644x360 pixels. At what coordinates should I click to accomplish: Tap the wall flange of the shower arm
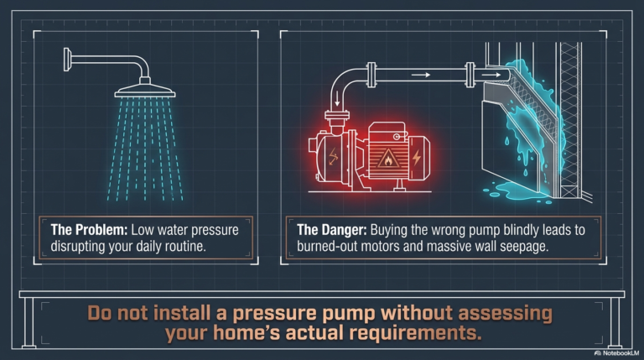[x=66, y=60]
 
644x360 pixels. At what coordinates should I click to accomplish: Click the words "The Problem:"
[x=89, y=230]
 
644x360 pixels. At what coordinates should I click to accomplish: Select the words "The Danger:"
[x=332, y=230]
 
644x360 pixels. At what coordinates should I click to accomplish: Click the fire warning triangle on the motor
[x=387, y=159]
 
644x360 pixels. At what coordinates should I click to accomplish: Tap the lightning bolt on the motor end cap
[x=417, y=158]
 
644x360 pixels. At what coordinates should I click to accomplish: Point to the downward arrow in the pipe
[x=337, y=98]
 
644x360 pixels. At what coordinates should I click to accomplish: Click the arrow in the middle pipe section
[x=421, y=75]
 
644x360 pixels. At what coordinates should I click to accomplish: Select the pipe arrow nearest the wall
[x=491, y=75]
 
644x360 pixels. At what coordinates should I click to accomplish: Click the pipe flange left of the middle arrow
[x=371, y=75]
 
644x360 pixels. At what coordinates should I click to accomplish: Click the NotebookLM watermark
[x=616, y=353]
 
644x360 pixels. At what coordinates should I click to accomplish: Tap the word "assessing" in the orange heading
[x=505, y=314]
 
